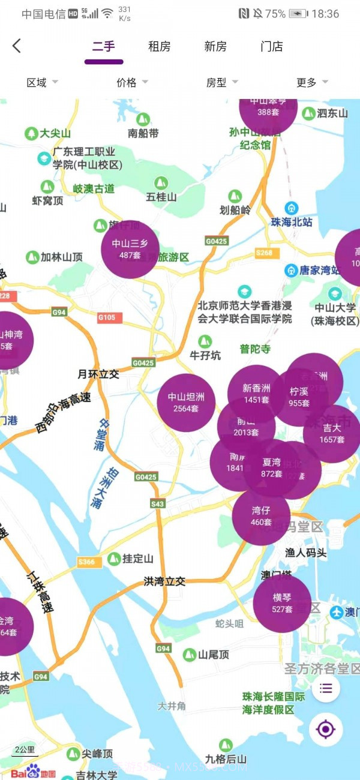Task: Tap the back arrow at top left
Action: point(17,46)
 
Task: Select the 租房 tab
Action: point(160,46)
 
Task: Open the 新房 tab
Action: point(215,46)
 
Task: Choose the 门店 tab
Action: point(272,46)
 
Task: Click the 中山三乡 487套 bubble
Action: point(130,249)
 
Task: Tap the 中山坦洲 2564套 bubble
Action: point(186,403)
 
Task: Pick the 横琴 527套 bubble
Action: point(282,603)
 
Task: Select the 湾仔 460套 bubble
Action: point(261,516)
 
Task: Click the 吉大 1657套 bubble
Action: point(332,434)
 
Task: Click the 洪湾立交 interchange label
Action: point(164,581)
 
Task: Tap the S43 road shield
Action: point(158,503)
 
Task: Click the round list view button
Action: point(326,688)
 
